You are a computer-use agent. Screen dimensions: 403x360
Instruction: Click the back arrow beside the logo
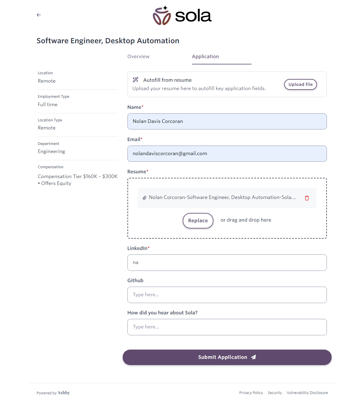(x=39, y=15)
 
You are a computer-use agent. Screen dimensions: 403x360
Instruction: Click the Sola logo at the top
(x=182, y=16)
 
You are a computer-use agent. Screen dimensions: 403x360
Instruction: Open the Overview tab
(x=138, y=57)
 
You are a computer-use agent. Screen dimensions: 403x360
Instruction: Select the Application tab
(x=205, y=57)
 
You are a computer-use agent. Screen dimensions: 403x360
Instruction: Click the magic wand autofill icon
(x=136, y=80)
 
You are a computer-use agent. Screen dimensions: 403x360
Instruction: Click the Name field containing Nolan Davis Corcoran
(x=227, y=121)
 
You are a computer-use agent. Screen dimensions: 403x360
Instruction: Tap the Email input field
(x=227, y=154)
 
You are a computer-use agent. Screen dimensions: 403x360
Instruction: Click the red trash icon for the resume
(x=307, y=198)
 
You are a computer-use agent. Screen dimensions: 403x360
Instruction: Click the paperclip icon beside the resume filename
(x=144, y=198)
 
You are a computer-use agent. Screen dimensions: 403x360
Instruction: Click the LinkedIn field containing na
(x=227, y=263)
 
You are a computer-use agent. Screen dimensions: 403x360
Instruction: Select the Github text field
(x=227, y=295)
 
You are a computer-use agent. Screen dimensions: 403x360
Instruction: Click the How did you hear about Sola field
(x=227, y=327)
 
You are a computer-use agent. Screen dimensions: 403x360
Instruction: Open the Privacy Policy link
(x=251, y=393)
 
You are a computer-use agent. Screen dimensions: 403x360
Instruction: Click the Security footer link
(x=275, y=393)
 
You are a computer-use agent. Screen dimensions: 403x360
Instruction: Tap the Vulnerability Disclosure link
(x=307, y=393)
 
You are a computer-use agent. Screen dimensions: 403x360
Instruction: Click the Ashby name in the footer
(x=64, y=393)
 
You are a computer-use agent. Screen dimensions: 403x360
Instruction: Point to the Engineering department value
(x=51, y=152)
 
